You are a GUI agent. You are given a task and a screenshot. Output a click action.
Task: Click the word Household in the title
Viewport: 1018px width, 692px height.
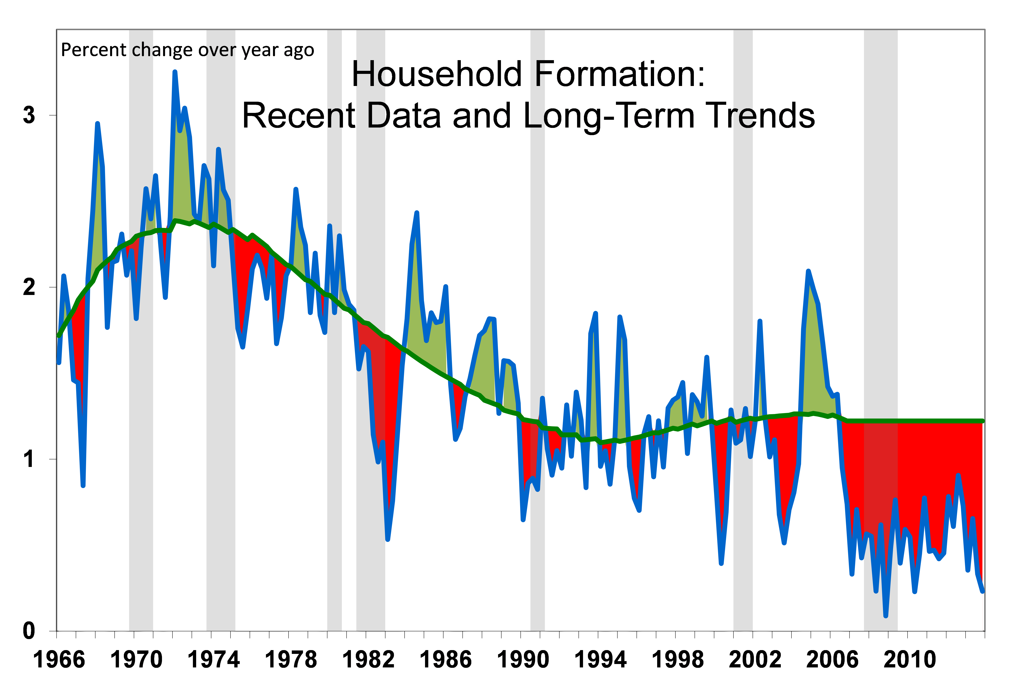click(x=438, y=74)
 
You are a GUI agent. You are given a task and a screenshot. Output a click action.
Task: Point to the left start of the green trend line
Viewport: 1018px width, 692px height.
click(x=59, y=336)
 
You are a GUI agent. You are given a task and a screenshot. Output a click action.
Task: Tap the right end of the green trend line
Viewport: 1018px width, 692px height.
click(x=983, y=421)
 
